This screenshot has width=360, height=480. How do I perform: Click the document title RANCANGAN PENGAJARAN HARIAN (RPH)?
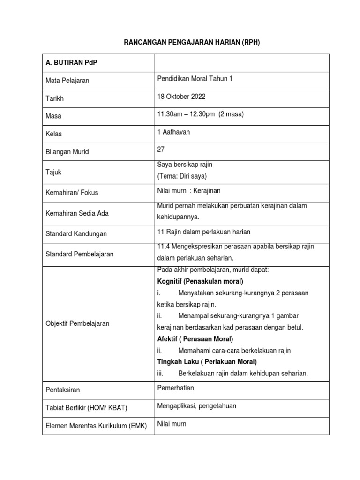[191, 42]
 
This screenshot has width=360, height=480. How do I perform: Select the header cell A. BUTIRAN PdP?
[71, 63]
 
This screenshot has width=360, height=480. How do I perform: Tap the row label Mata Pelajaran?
[67, 81]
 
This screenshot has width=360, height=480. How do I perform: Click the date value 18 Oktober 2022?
[181, 97]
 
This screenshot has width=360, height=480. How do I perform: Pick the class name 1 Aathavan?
[174, 132]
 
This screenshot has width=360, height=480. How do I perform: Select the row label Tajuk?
[54, 172]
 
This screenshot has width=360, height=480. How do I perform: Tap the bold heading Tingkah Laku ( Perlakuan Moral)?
[207, 362]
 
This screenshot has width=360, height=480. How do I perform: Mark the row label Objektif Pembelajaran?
[77, 323]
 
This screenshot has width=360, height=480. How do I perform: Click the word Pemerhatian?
[176, 388]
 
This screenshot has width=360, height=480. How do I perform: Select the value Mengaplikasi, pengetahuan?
[197, 406]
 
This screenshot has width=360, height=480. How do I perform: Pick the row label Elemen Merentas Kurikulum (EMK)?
[96, 426]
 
